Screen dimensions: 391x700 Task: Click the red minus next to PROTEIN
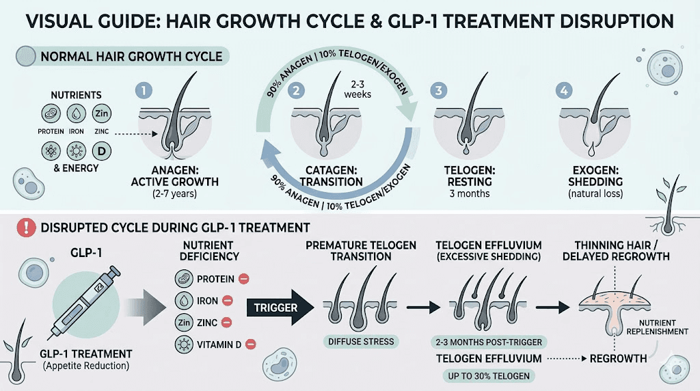(x=244, y=279)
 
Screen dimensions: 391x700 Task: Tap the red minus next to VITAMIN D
(x=251, y=344)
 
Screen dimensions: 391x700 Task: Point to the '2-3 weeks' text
(x=358, y=90)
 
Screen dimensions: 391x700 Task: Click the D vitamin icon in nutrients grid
(x=100, y=150)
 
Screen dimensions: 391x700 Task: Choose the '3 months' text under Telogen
(x=470, y=193)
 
